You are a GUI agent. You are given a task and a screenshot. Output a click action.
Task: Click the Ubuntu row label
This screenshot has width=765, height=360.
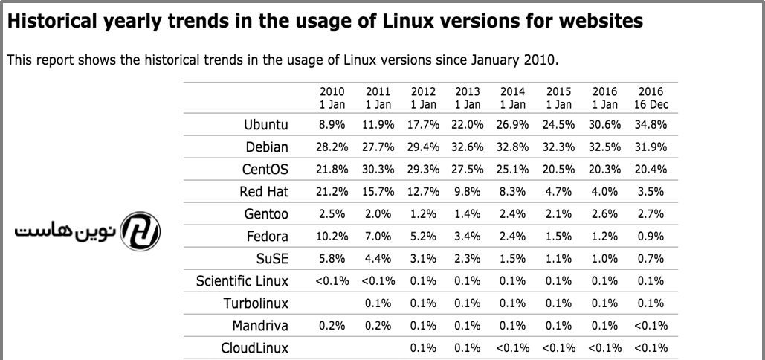265,124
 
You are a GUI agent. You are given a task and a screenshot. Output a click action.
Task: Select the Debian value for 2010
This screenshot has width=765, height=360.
332,147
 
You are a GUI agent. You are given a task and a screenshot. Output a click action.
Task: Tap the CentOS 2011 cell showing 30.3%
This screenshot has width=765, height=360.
378,170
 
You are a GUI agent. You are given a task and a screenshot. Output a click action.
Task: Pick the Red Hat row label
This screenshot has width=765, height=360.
263,192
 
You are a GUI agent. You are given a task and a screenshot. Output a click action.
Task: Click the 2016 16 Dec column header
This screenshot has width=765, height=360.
651,98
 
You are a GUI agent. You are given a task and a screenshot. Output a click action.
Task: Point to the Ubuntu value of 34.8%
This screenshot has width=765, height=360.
651,124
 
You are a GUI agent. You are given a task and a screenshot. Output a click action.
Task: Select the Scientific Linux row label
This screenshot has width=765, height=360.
242,281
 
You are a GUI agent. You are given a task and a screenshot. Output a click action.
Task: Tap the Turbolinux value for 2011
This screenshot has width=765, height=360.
378,303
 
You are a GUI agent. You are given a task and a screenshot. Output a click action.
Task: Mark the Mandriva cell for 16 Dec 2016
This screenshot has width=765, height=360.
651,326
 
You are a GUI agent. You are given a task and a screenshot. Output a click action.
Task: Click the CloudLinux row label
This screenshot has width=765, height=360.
254,348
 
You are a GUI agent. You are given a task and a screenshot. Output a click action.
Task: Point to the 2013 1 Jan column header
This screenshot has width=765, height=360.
468,98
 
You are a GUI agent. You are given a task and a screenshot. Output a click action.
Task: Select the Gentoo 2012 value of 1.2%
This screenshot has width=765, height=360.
423,214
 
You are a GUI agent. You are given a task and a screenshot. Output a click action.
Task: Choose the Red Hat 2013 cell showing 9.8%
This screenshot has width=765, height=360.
468,192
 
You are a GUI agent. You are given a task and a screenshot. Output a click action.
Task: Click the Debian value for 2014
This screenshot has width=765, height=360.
513,147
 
